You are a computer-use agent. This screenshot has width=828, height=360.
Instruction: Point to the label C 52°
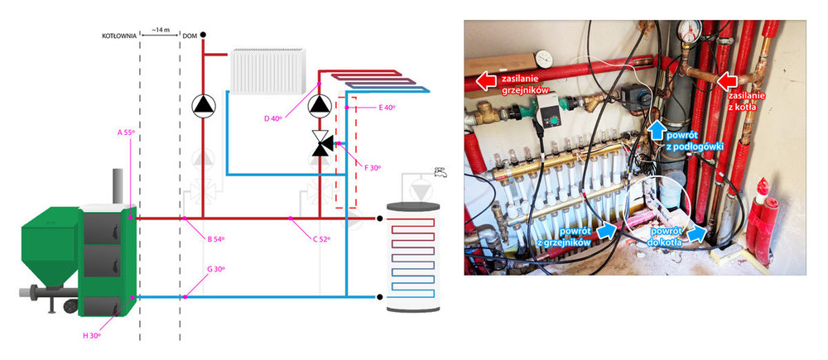point(319,239)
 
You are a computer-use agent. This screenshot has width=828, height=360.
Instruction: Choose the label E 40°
point(386,108)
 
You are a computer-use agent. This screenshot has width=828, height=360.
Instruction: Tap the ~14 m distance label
point(160,31)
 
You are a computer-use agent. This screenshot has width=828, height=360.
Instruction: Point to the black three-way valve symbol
point(319,142)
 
